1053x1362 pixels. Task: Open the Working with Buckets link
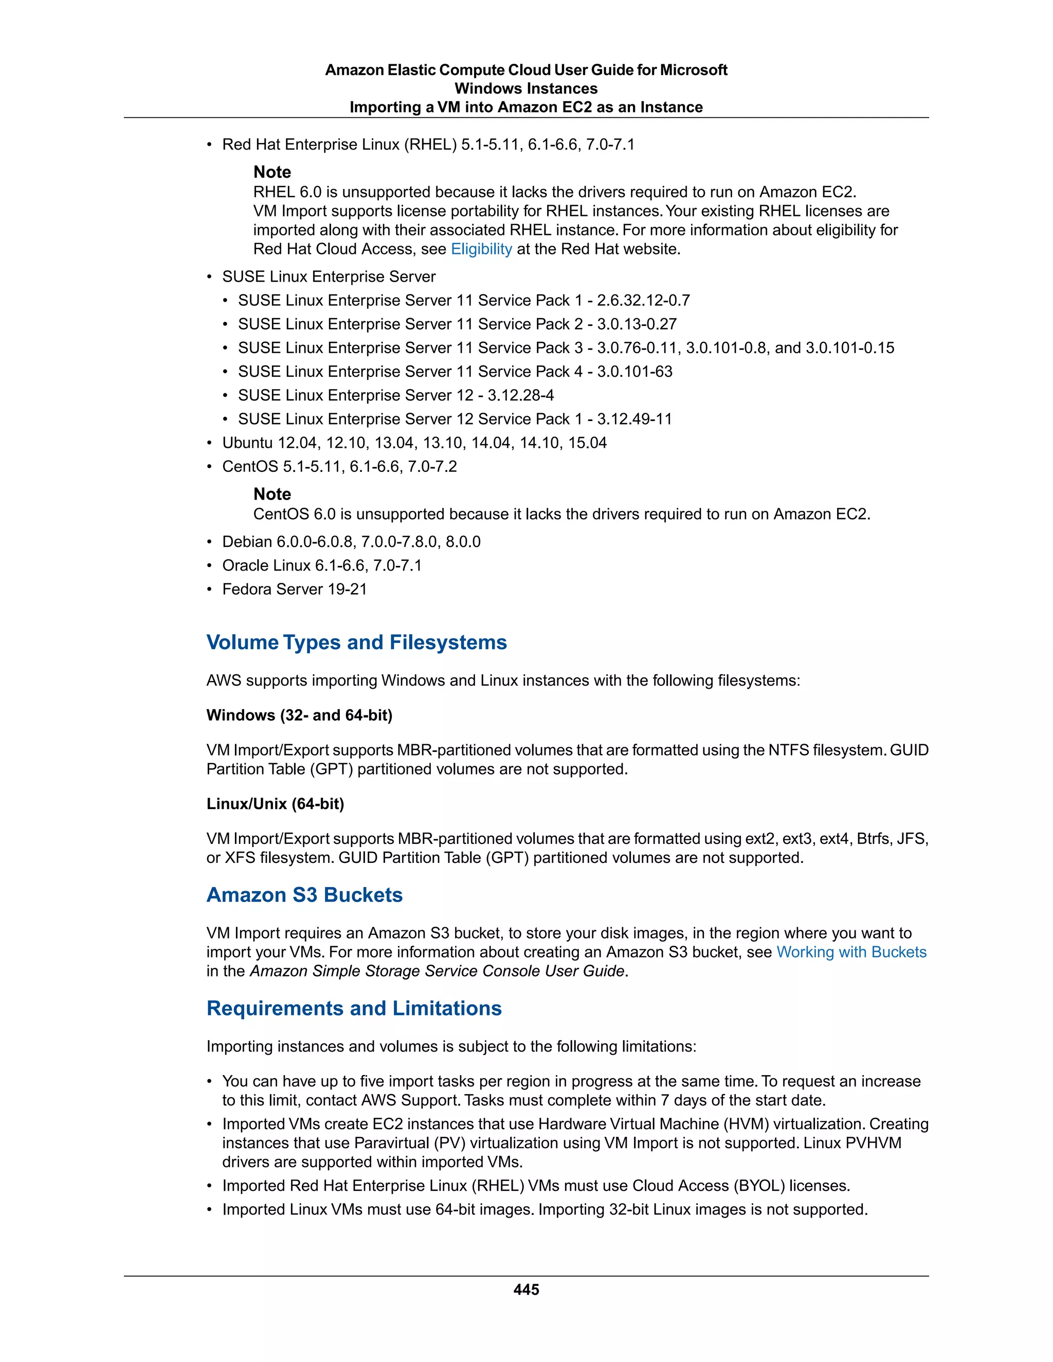(x=851, y=952)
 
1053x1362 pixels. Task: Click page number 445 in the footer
(x=526, y=1290)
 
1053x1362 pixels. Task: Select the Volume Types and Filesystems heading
(x=356, y=642)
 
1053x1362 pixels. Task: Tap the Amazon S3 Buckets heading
(x=304, y=895)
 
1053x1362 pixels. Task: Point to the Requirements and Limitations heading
(x=354, y=1008)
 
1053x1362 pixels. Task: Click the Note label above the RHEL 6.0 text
(x=272, y=172)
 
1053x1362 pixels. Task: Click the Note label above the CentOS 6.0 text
(x=272, y=494)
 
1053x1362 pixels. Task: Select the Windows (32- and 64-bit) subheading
(x=299, y=715)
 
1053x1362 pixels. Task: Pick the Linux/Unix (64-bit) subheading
(x=275, y=804)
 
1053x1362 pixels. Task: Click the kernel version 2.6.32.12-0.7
(x=643, y=301)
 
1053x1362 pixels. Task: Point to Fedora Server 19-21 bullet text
(x=295, y=590)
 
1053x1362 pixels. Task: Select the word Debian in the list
(x=247, y=542)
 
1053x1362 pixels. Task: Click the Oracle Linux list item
(x=322, y=566)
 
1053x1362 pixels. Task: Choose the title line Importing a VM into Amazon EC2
(x=526, y=107)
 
